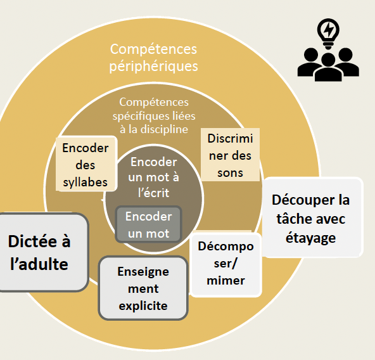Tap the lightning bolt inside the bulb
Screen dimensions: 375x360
[329, 29]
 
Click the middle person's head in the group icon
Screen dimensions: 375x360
[328, 60]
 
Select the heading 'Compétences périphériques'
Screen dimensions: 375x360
[153, 58]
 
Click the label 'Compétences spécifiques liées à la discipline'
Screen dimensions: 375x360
[154, 115]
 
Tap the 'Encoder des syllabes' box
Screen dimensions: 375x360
[86, 164]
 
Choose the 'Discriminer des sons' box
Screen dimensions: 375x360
[230, 155]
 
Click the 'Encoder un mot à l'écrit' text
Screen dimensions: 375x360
[153, 177]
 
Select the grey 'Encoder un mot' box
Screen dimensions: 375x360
[148, 224]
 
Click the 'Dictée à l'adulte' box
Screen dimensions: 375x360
[42, 252]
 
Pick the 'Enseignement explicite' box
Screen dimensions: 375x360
[143, 288]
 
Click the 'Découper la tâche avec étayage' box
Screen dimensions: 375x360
[313, 217]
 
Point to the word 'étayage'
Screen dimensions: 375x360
[310, 238]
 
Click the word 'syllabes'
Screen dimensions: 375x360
[86, 183]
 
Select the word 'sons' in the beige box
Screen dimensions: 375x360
[230, 173]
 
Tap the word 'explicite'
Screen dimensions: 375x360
[143, 306]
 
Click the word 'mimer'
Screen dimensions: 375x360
[226, 281]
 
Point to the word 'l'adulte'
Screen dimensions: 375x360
[39, 264]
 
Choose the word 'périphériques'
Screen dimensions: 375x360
[153, 67]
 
